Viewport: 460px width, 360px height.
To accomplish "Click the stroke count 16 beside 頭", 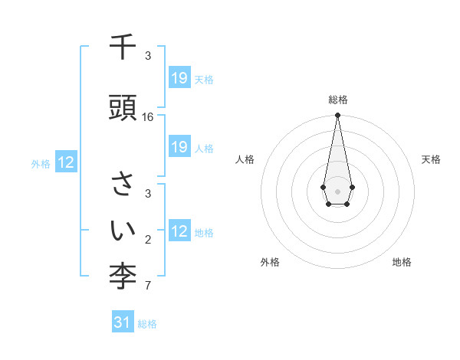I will click(x=148, y=117).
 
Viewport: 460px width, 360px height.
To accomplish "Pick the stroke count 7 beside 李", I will click(x=148, y=286).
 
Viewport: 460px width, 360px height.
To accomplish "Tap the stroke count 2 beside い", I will click(x=148, y=241).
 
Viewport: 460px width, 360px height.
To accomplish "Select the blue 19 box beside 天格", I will click(x=179, y=78).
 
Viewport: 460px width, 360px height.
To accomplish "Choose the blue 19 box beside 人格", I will click(x=179, y=147).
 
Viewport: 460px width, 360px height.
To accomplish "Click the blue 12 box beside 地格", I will click(x=179, y=231).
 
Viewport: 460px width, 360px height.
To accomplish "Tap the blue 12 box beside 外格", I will click(x=66, y=162).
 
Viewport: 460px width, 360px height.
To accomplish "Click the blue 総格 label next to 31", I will click(x=147, y=324).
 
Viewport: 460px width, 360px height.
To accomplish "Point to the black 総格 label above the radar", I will click(x=338, y=100).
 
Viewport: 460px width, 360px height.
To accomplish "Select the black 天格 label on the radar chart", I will click(x=432, y=159).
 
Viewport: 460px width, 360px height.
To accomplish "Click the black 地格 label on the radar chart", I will click(x=402, y=262).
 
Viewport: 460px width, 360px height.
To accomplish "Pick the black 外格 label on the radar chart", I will click(x=270, y=262).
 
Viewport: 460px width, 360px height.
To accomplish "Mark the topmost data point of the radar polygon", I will click(x=337, y=116).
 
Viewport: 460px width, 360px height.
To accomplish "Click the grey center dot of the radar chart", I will click(x=337, y=190).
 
